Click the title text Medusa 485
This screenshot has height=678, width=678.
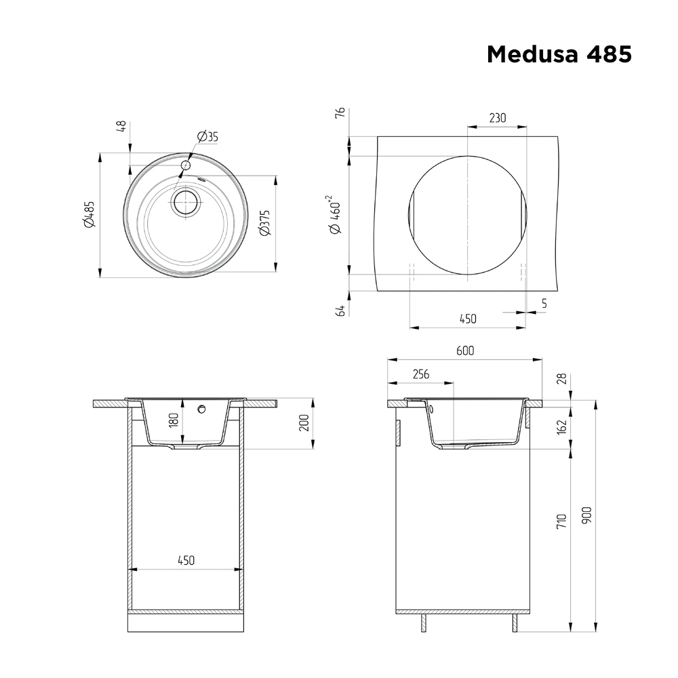coord(559,54)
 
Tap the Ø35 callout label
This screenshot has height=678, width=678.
coord(207,137)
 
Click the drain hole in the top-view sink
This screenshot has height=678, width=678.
coord(184,202)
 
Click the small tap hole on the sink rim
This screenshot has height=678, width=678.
coord(185,165)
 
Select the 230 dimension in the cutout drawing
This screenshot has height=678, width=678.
coord(497,118)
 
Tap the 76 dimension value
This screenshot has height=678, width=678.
coord(341,113)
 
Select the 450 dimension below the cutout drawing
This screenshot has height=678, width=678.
coord(468,319)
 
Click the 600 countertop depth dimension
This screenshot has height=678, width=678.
coord(464,351)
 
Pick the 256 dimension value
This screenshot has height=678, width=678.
coord(420,374)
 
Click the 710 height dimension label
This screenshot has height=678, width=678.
coord(562,521)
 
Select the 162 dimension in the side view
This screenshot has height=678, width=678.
coord(562,426)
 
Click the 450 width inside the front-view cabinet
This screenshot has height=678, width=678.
coord(186,560)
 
